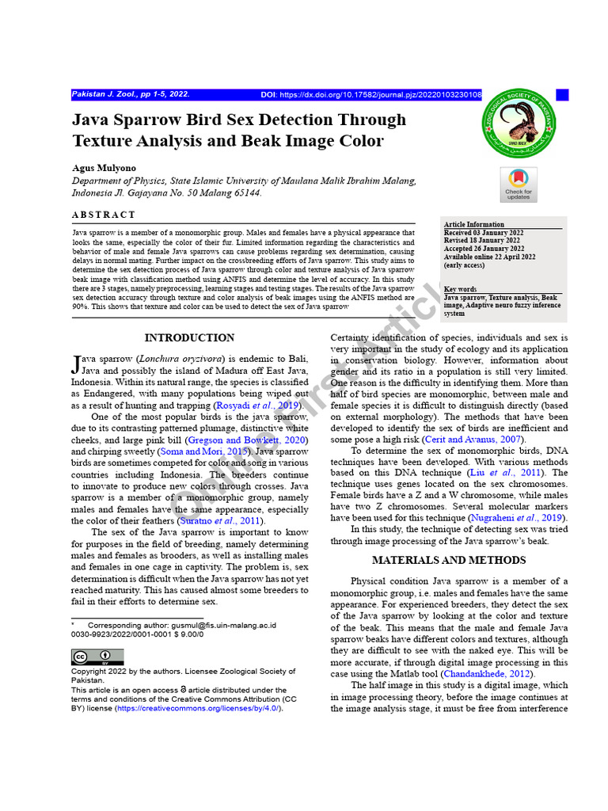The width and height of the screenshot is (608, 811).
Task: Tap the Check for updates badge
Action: point(519,185)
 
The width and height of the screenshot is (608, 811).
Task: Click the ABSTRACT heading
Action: point(104,215)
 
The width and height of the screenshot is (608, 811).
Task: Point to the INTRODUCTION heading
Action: point(189,337)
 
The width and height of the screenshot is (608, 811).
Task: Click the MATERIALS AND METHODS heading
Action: point(449,560)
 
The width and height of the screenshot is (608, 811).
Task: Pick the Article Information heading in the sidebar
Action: point(474,225)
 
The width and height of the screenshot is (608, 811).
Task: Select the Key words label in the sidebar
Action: point(461,289)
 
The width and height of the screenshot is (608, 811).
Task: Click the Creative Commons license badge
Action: point(87,657)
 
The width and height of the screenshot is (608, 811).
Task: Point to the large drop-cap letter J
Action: point(76,364)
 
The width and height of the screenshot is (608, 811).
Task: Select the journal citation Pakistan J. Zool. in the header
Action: point(131,94)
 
